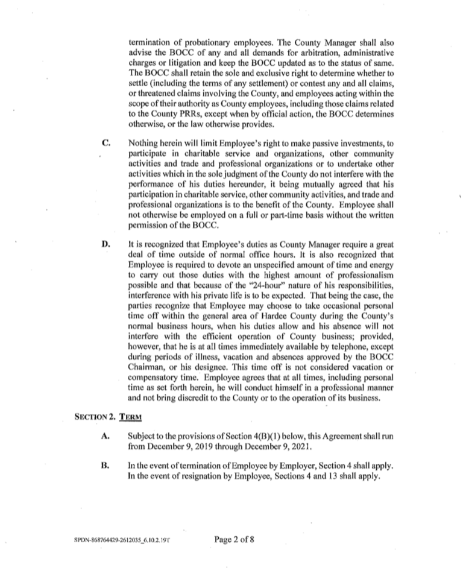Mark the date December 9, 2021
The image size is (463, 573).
276,448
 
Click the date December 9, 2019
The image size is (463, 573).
179,448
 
